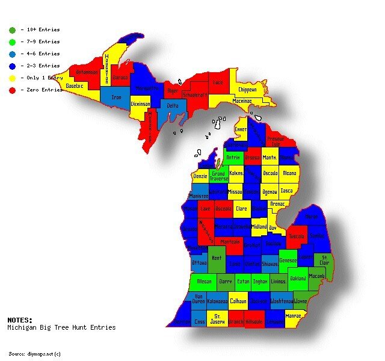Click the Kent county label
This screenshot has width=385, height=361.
217,258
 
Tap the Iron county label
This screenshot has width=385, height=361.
116,96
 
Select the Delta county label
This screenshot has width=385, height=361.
173,105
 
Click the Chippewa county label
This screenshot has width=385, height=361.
247,89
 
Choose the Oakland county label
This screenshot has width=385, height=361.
298,279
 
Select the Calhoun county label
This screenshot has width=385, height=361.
238,300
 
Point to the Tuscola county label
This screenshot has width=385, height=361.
297,236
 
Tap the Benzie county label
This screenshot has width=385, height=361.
200,177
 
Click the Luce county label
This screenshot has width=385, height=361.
217,82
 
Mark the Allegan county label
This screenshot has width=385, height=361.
204,281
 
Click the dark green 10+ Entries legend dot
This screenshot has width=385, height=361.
12,29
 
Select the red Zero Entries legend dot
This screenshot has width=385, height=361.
12,90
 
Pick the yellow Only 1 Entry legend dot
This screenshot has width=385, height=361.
12,78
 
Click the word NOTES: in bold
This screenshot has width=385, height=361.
20,320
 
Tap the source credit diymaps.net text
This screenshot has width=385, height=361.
35,353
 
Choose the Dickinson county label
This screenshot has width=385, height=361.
140,104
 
